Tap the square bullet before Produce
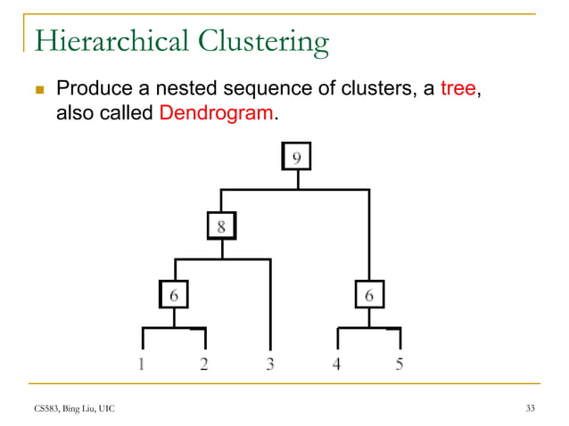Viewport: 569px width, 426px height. [38, 90]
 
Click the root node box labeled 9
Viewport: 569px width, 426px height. [298, 158]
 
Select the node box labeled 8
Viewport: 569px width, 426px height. [222, 226]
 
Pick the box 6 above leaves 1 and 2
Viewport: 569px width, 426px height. [174, 294]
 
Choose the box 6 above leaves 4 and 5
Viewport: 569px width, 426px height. [368, 294]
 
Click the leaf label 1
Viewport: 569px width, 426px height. [143, 363]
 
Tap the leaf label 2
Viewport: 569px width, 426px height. [204, 363]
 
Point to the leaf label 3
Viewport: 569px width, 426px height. [269, 363]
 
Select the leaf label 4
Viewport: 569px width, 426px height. [337, 363]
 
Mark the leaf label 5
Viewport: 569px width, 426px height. [399, 363]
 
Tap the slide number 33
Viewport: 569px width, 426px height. [531, 408]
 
